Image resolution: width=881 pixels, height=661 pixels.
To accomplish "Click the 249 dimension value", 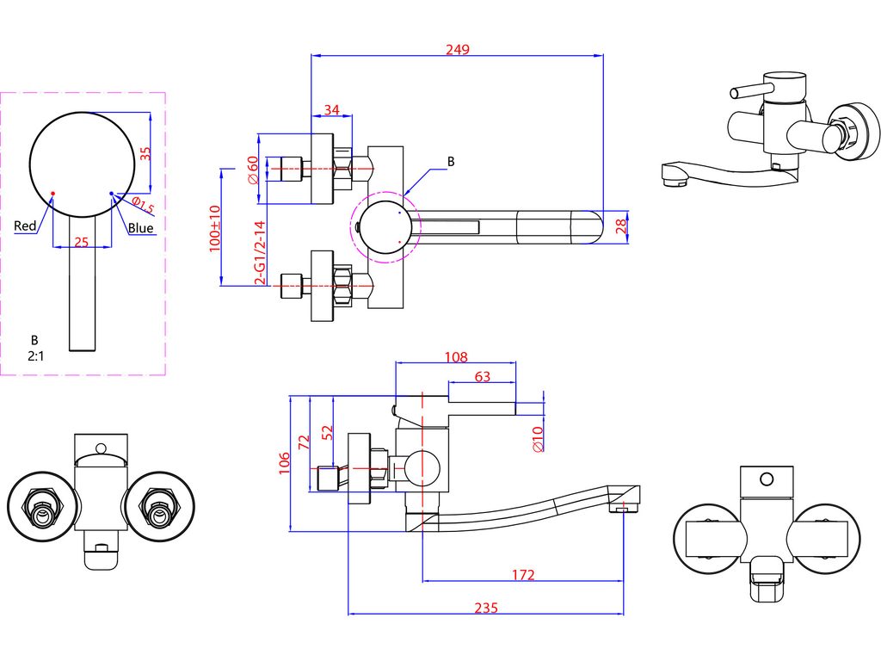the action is (458, 49).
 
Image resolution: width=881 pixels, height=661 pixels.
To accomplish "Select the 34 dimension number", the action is (332, 109).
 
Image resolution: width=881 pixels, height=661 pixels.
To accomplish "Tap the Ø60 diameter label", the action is (253, 170).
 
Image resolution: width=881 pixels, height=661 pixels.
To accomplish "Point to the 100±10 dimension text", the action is (214, 229).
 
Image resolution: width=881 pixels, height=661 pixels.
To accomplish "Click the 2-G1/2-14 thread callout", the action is (260, 253).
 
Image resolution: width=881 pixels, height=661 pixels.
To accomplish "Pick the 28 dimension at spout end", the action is (621, 226).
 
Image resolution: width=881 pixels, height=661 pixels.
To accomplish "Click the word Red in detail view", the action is (25, 226).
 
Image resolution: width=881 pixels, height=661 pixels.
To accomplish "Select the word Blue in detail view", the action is (140, 227).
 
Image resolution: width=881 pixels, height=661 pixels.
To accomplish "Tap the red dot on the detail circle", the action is (52, 193).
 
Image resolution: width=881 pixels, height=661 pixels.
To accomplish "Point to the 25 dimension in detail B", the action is (82, 242).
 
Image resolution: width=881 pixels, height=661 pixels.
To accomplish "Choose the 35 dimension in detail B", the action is (145, 154).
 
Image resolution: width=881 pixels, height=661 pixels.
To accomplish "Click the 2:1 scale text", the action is (35, 355).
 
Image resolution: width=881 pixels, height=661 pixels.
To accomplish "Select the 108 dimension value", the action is (456, 357).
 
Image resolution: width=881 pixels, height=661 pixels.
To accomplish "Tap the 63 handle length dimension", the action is (482, 377).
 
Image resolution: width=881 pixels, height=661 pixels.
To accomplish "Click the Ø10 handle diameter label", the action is (537, 439).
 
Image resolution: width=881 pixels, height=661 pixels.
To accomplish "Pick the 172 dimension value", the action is (522, 575).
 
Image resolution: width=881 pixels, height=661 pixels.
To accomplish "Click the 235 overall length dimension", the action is (486, 608).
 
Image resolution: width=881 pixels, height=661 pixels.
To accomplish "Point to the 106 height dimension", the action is (284, 463).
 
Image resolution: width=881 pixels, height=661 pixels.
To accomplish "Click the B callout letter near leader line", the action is (451, 162).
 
